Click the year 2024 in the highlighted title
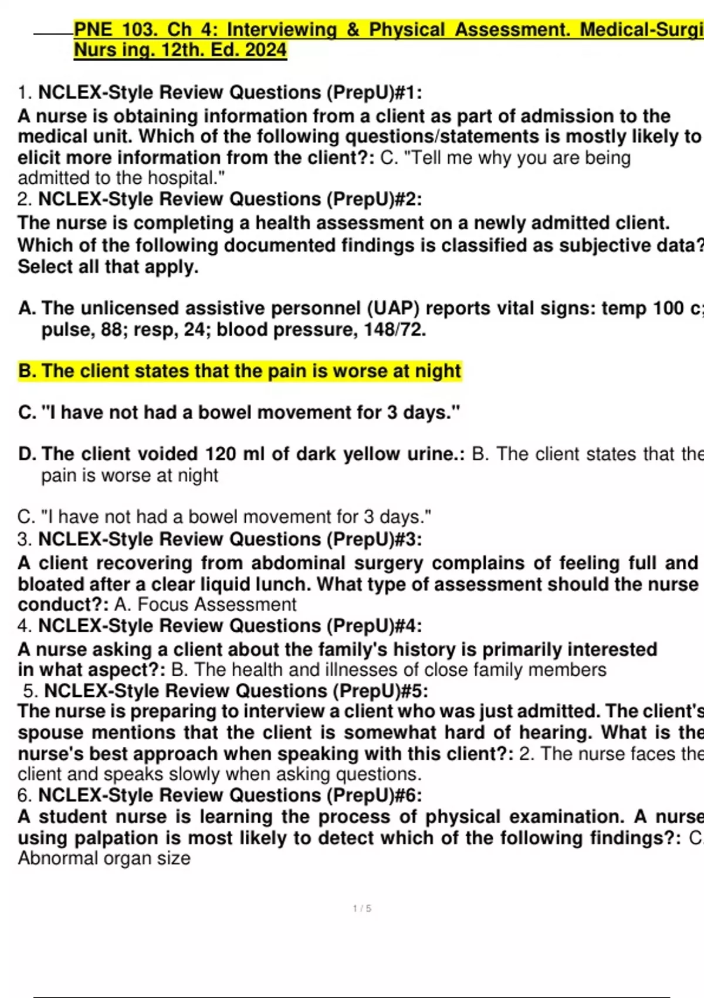click(266, 50)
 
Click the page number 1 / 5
click(362, 908)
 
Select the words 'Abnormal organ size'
click(104, 858)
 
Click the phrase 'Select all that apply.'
click(108, 267)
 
